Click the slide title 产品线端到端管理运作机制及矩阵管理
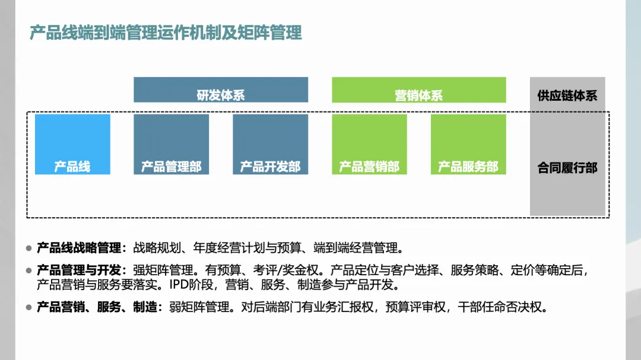tap(166, 33)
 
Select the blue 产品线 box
tap(72, 145)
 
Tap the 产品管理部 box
tap(171, 145)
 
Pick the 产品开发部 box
tap(270, 145)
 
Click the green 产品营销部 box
tap(369, 145)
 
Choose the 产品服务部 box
tap(468, 145)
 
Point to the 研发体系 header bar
tap(221, 90)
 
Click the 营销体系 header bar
tap(418, 90)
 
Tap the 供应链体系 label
tap(567, 95)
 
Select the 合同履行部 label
tap(567, 168)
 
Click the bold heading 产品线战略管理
tap(78, 247)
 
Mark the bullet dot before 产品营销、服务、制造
tap(28, 307)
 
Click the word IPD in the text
tap(179, 285)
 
